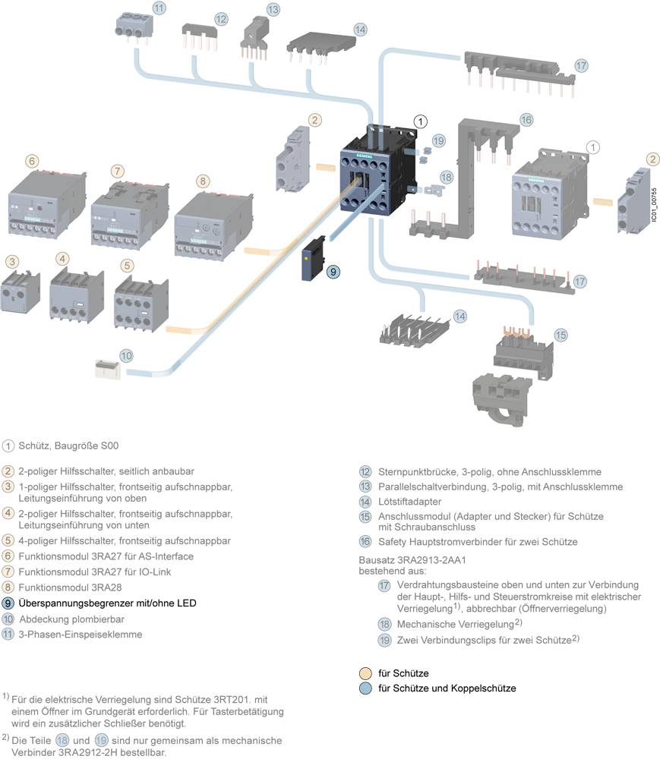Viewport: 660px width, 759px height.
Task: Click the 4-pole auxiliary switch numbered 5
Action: coord(136,301)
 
